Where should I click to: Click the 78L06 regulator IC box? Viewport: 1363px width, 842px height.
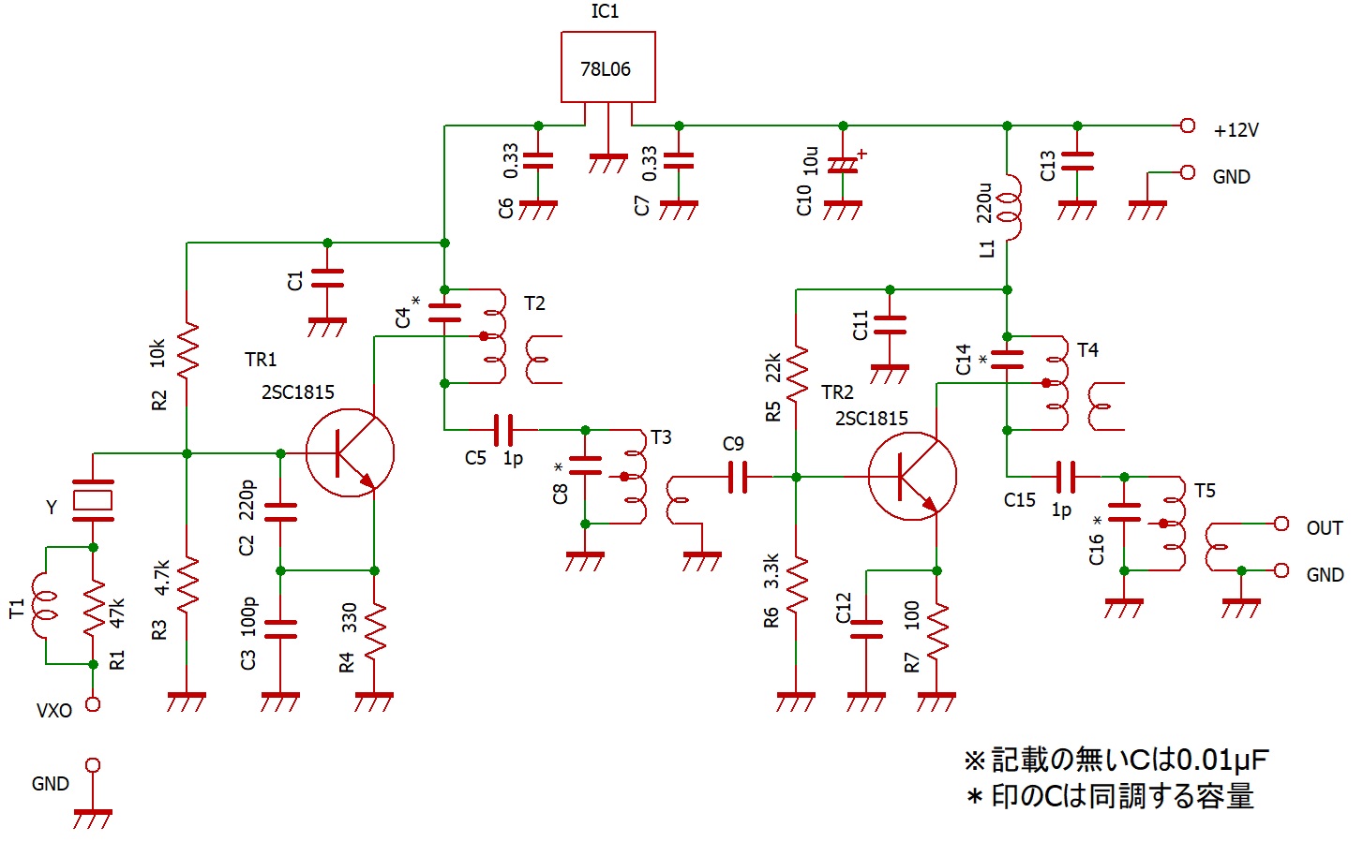607,66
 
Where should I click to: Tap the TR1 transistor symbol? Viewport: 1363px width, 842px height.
350,453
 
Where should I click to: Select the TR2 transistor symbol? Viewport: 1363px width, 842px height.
911,477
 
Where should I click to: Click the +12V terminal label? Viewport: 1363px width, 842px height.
1236,130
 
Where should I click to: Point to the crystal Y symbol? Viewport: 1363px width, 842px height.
93,501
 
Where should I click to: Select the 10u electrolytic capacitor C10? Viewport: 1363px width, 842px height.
843,166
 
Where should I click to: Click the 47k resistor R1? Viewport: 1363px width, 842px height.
93,607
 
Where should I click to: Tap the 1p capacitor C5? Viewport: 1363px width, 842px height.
503,430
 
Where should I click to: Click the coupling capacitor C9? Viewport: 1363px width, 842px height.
738,477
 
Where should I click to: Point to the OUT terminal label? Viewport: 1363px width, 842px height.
1324,528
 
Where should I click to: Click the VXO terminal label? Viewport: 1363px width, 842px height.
54,711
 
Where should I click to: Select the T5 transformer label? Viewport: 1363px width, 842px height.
1205,491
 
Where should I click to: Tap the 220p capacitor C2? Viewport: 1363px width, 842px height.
280,512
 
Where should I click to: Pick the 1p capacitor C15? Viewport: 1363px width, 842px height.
1065,477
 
